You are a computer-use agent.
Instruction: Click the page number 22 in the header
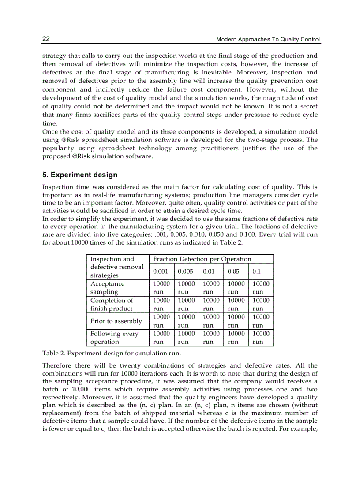[46, 39]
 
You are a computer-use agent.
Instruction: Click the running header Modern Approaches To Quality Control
[268, 40]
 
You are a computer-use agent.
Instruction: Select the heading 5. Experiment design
[80, 175]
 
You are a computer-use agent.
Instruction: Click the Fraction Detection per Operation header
[202, 259]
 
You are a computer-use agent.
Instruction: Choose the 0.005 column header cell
[186, 272]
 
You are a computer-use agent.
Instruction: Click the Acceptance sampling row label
[108, 288]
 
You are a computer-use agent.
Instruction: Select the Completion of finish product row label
[112, 305]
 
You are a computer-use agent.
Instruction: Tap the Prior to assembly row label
[116, 321]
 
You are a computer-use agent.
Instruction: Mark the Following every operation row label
[114, 338]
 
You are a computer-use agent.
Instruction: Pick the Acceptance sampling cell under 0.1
[261, 288]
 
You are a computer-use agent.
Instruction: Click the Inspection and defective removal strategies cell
[117, 267]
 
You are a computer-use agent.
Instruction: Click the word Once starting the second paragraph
[50, 132]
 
